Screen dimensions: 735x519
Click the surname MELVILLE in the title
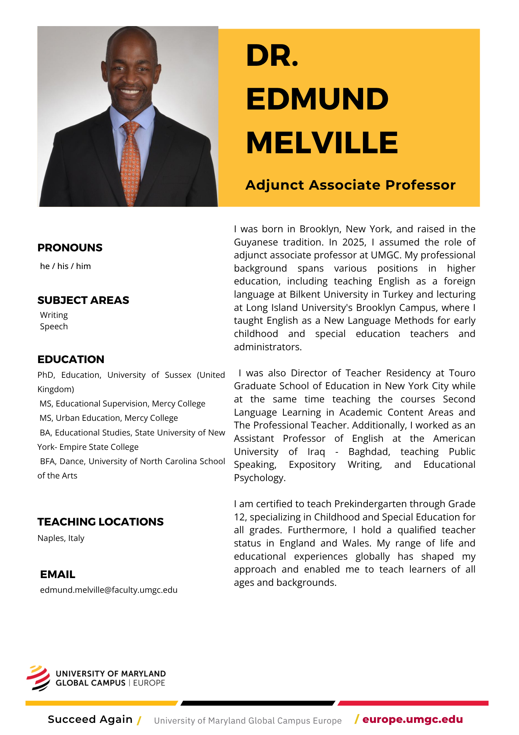322,143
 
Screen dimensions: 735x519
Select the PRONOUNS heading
70,248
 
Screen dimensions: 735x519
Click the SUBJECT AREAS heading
83,300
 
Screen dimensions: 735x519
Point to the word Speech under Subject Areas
54,326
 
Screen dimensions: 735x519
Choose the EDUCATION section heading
71,359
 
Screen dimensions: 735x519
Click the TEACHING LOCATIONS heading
101,522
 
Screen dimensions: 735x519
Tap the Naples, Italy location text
61,538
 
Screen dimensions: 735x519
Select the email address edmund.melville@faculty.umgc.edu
109,590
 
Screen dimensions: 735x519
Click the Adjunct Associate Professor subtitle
350,185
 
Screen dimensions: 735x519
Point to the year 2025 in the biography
354,242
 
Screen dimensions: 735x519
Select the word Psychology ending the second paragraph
259,478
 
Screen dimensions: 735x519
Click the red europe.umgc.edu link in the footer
412,719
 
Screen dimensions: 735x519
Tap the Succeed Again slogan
90,719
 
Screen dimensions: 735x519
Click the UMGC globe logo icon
38,678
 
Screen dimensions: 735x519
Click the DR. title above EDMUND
272,56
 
